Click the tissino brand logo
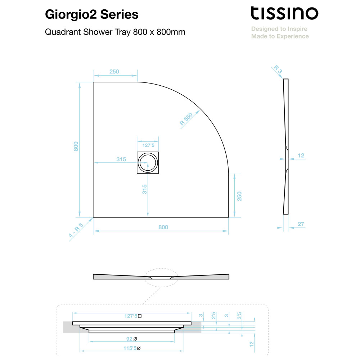pos(284,13)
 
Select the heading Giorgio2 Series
pos(91,14)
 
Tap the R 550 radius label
pos(186,119)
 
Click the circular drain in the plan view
pos(148,163)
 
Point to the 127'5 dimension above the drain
pos(148,145)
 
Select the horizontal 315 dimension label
pos(121,159)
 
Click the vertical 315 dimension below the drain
pos(144,189)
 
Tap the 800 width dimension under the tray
pos(163,227)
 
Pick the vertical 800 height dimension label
pos(76,146)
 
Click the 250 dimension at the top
pos(114,72)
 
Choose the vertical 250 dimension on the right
pos(239,196)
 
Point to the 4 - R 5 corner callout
pos(76,230)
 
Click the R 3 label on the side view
pos(278,69)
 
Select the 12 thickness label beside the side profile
pos(301,156)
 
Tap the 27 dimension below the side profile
pos(301,224)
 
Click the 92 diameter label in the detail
pos(131,339)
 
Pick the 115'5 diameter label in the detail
pos(132,348)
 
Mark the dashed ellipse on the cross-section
pos(161,268)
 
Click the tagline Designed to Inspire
pos(279,29)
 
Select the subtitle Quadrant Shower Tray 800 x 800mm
pos(115,32)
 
